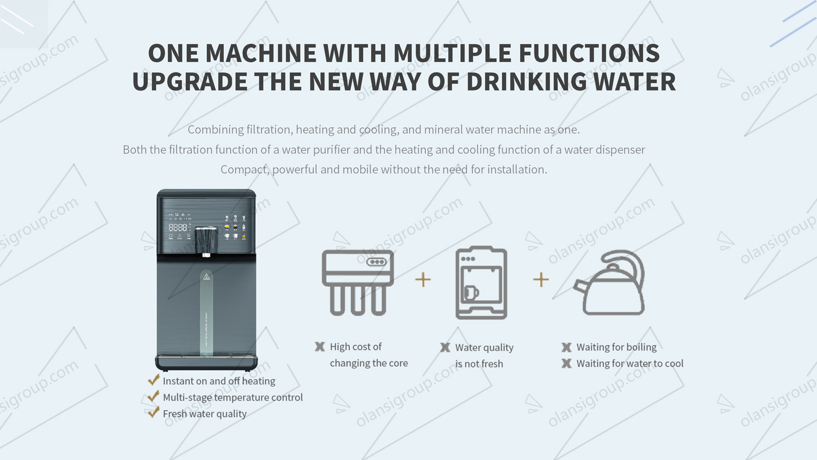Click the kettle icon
(x=610, y=283)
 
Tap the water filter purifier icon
(x=357, y=282)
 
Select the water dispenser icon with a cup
(x=481, y=283)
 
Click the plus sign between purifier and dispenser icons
(x=423, y=280)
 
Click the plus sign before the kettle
(x=541, y=280)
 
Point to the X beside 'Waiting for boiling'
(x=566, y=347)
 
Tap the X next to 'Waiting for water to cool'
(x=566, y=364)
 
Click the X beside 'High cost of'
(x=320, y=347)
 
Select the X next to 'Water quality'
(x=445, y=347)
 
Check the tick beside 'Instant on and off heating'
(x=154, y=380)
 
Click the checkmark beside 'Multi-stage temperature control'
(x=154, y=396)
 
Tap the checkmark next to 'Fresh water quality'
(x=154, y=413)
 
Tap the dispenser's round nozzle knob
(x=206, y=240)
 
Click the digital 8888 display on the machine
(x=178, y=227)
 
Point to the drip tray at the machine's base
(x=206, y=362)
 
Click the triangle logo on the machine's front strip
(x=206, y=277)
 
